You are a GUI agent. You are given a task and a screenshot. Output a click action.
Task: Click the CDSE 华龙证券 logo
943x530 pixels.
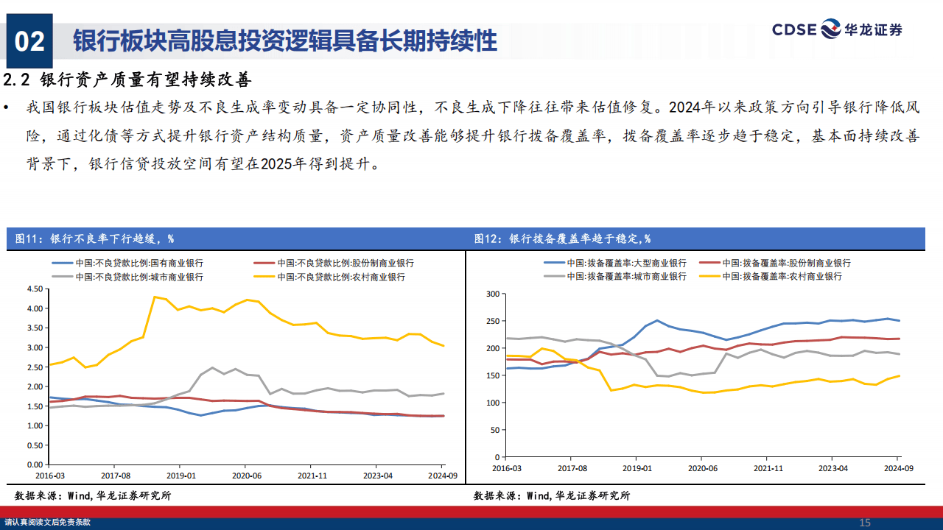(837, 29)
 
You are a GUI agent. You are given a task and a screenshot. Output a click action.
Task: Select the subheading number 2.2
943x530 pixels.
(18, 79)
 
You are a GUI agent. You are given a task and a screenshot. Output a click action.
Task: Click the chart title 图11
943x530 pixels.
(94, 239)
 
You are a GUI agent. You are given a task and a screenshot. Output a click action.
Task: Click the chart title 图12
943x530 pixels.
(562, 239)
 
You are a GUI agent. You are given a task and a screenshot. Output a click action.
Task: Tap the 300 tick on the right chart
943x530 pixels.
(492, 294)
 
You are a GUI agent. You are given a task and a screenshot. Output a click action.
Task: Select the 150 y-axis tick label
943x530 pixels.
(492, 375)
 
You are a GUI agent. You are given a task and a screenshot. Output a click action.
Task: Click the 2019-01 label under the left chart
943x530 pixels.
(180, 476)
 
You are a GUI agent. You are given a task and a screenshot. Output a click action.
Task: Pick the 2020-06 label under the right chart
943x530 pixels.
(702, 468)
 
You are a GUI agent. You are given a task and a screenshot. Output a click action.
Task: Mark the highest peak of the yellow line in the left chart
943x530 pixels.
(154, 297)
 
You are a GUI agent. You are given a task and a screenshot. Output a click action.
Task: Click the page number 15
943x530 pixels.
(865, 523)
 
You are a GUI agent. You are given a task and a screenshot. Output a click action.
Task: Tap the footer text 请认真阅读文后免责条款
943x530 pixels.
(48, 523)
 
